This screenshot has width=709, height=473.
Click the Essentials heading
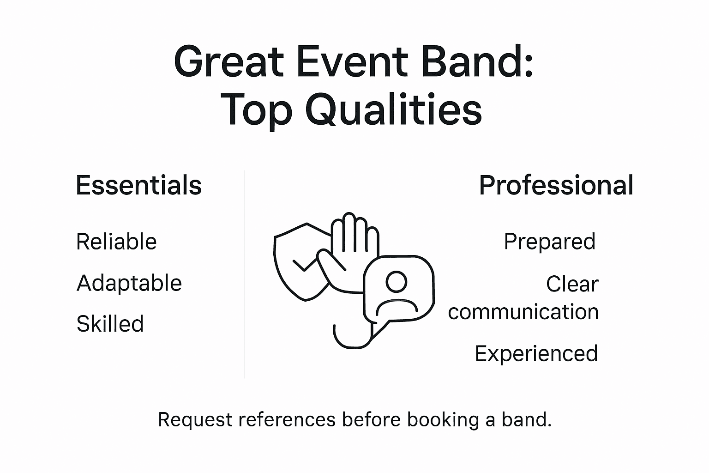coord(138,185)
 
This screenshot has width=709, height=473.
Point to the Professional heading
coord(556,185)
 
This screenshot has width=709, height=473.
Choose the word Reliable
coord(116,242)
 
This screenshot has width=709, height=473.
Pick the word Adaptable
coord(129,283)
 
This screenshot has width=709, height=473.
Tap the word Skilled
coord(110,323)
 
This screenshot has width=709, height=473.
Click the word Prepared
coord(549,241)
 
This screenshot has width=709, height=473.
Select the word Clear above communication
coord(572,284)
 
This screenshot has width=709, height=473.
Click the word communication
coord(523,312)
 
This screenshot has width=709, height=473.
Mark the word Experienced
coord(536,353)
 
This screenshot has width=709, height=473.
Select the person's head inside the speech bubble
coord(397,281)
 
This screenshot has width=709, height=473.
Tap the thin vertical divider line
coord(245,277)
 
